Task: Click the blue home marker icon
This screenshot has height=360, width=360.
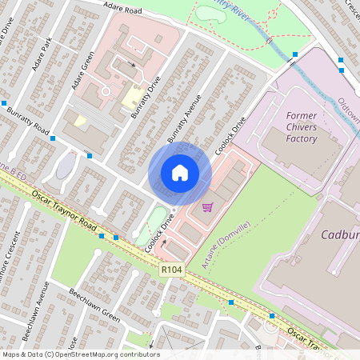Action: pos(180,173)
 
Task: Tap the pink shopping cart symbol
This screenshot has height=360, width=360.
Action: pos(208,207)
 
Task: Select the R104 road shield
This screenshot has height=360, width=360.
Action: pos(172,270)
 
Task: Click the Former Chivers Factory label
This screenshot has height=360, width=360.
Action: pos(302,127)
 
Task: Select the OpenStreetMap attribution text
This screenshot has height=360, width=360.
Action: pos(81,354)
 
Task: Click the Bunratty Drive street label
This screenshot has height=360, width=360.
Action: pos(146,98)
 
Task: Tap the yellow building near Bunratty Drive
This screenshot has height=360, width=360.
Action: pos(130,98)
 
